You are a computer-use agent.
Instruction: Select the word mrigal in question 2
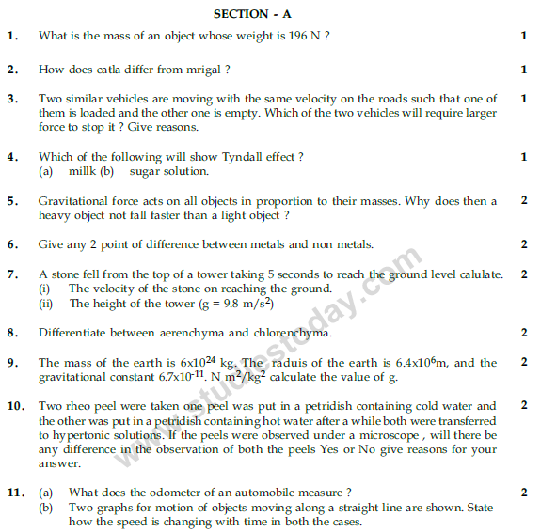click(206, 70)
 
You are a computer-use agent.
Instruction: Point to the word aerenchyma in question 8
click(184, 332)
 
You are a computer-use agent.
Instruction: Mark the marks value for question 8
click(523, 332)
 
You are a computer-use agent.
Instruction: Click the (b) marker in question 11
click(46, 508)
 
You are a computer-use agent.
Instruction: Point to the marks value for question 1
click(523, 37)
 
